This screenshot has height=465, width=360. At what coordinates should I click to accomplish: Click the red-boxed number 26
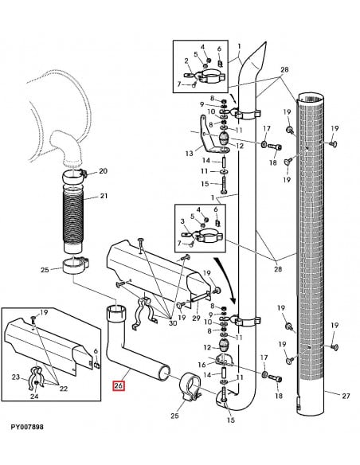pyautogui.click(x=119, y=385)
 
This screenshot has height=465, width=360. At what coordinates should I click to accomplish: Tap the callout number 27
pyautogui.click(x=345, y=396)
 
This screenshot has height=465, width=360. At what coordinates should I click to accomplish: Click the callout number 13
pyautogui.click(x=188, y=153)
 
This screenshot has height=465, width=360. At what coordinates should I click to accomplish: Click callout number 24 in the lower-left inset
pyautogui.click(x=35, y=396)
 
